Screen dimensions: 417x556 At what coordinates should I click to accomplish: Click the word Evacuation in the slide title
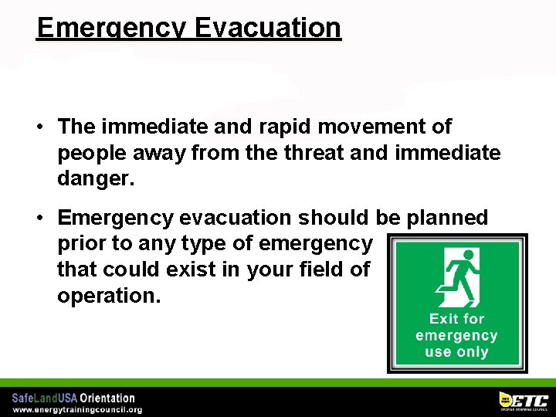tap(267, 27)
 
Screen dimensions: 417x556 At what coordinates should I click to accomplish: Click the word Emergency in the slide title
tap(111, 27)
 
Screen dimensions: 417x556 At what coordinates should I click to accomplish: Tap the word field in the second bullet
tap(324, 270)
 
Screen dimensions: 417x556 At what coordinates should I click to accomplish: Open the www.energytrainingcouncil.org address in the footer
tap(76, 409)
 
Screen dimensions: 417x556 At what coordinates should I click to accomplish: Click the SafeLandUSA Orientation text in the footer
tap(73, 398)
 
